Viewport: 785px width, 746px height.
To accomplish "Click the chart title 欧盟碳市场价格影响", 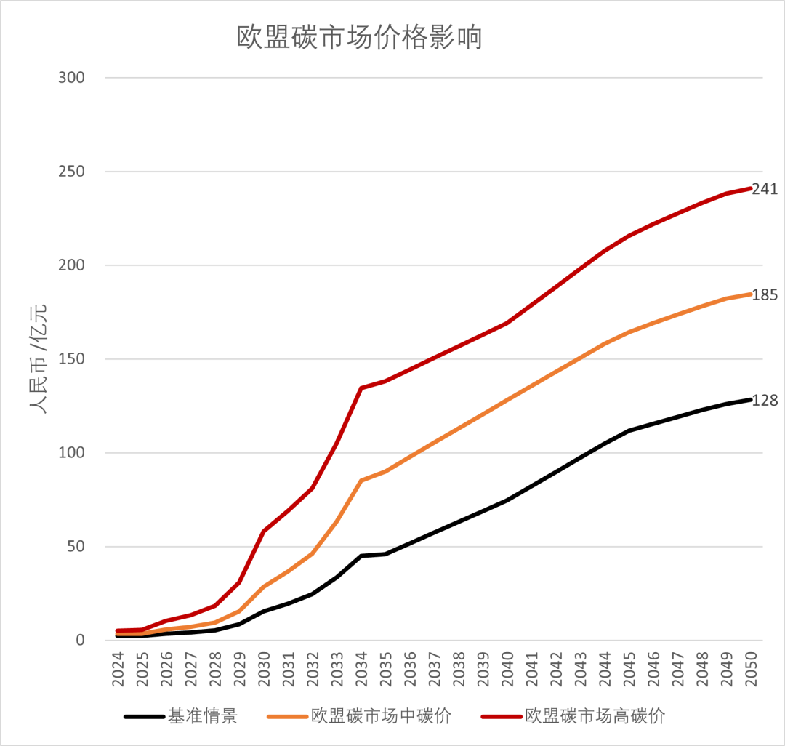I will [360, 38].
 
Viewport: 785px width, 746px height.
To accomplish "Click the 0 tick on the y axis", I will [80, 641].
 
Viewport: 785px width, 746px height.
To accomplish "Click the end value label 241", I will [765, 189].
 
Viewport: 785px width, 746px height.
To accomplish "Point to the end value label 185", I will [765, 295].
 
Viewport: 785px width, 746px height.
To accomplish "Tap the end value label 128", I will [765, 401].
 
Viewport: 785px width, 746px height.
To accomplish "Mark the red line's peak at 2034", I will [361, 388].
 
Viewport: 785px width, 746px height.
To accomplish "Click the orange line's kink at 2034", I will [361, 481].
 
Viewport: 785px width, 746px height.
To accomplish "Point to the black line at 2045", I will [629, 430].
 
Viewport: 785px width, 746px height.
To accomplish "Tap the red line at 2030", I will [264, 532].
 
